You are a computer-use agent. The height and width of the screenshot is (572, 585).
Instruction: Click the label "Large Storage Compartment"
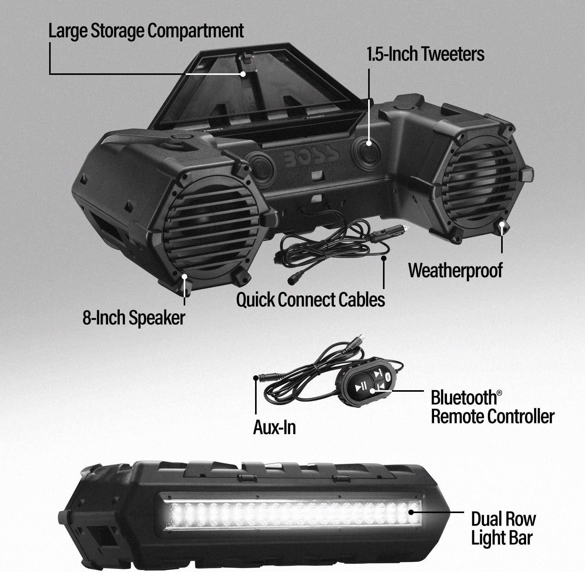point(146,31)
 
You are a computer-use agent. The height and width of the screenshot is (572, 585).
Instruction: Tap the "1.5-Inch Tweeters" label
point(425,54)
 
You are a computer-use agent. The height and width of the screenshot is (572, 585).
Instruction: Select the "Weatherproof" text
point(455,270)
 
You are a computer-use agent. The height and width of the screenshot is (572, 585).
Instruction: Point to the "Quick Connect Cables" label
point(310,300)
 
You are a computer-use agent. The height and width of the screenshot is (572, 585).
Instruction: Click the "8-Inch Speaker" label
point(133,318)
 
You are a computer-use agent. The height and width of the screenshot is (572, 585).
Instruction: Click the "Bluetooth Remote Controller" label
point(492,407)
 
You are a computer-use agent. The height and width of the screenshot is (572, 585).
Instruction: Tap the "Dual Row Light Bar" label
point(503,529)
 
